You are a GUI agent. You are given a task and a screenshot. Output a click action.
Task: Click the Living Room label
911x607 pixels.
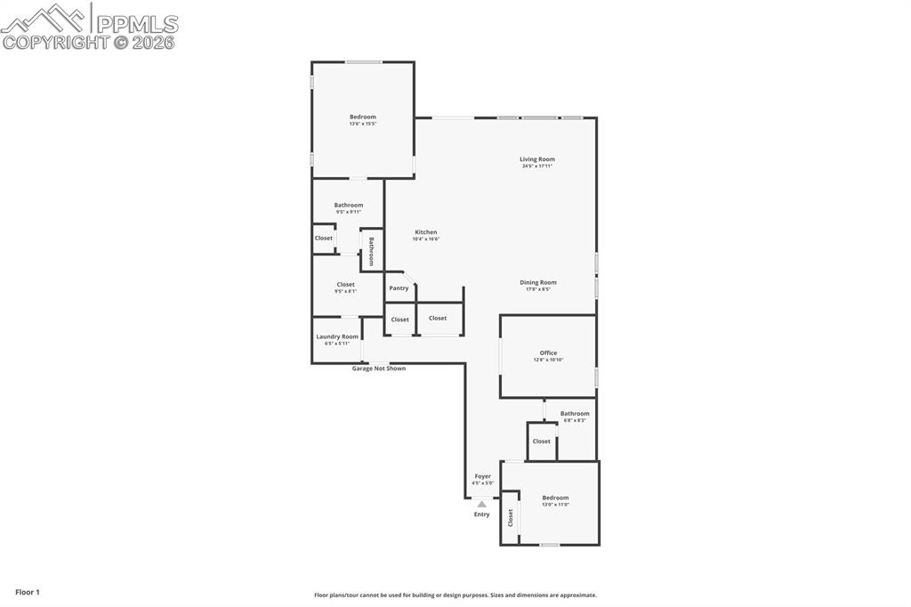click(537, 159)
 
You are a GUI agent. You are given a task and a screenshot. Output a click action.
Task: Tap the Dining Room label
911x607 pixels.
click(537, 282)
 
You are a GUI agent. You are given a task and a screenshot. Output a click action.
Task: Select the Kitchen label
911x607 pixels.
click(425, 232)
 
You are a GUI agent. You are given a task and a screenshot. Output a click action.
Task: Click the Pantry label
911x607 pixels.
click(399, 287)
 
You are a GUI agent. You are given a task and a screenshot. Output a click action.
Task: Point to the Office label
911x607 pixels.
click(548, 352)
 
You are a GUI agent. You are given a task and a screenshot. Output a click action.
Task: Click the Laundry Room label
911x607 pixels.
click(337, 336)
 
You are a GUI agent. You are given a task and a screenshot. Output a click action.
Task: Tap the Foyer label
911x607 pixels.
click(482, 476)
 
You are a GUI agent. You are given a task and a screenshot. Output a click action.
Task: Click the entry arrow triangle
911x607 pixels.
click(481, 504)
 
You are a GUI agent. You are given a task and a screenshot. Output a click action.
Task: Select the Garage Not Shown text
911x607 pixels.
click(378, 368)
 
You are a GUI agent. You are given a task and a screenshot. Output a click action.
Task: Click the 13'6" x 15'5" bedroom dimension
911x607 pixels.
click(362, 124)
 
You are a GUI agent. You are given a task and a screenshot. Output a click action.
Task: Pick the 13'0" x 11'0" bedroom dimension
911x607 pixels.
click(555, 505)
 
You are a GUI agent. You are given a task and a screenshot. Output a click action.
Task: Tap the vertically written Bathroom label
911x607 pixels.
click(371, 252)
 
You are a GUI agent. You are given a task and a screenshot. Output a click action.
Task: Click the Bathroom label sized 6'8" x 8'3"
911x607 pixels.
click(575, 413)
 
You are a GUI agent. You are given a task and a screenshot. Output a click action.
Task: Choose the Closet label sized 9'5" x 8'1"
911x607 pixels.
click(345, 285)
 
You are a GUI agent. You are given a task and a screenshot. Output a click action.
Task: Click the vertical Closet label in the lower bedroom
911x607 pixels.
click(511, 518)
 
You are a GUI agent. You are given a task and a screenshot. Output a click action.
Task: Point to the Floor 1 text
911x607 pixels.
click(28, 592)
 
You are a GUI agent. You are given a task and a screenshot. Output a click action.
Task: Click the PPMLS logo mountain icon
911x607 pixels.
click(44, 19)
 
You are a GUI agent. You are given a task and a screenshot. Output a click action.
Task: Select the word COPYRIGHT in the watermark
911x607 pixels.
click(56, 42)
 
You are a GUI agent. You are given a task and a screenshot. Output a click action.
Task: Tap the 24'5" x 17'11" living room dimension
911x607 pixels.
click(537, 166)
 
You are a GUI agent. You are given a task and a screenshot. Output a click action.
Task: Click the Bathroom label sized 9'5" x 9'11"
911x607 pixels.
click(349, 205)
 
